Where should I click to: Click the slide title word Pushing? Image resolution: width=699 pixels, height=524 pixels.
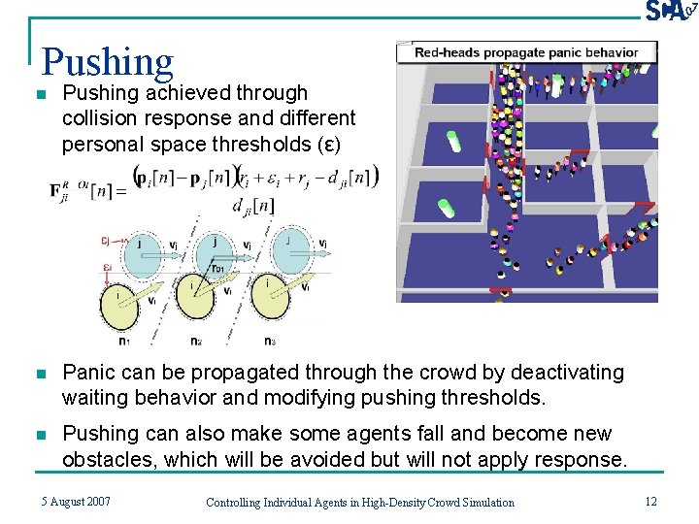pyautogui.click(x=108, y=62)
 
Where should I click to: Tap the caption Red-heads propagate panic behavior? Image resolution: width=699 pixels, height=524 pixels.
pyautogui.click(x=526, y=52)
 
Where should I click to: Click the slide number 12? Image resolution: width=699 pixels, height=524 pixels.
pyautogui.click(x=649, y=501)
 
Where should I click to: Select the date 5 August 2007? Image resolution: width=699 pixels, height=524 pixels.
pyautogui.click(x=76, y=502)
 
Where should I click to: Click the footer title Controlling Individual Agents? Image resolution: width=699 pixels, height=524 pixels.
pyautogui.click(x=360, y=502)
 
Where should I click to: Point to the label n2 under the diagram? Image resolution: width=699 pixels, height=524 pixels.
pyautogui.click(x=195, y=341)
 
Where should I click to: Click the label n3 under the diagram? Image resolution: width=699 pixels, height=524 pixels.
pyautogui.click(x=269, y=341)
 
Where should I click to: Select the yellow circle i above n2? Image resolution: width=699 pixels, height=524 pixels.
pyautogui.click(x=199, y=304)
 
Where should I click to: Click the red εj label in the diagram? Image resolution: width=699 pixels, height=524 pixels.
pyautogui.click(x=107, y=241)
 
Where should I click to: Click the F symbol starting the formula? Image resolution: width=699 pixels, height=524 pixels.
pyautogui.click(x=59, y=190)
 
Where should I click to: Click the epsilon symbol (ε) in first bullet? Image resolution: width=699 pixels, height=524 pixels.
pyautogui.click(x=331, y=145)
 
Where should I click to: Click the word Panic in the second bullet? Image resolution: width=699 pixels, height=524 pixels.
pyautogui.click(x=87, y=373)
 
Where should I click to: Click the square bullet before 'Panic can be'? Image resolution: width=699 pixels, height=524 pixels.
pyautogui.click(x=40, y=374)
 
